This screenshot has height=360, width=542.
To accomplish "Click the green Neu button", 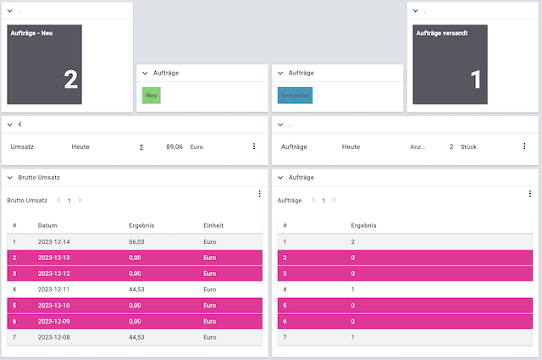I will point(152,96).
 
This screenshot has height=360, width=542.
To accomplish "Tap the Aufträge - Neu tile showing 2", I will point(45,64).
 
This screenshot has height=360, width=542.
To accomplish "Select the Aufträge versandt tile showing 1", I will point(451,64).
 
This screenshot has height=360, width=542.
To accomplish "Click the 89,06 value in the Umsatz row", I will point(174,147).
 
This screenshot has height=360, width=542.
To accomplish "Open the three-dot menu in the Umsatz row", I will point(253,147).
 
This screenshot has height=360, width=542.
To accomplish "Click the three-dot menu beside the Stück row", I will point(524,147).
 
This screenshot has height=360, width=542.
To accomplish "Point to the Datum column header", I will point(47,226).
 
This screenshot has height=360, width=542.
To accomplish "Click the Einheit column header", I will point(213,226).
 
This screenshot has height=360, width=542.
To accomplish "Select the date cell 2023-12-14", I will point(55,241).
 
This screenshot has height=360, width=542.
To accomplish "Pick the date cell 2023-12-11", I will point(55,289).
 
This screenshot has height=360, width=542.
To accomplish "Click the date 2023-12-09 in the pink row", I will point(55,321).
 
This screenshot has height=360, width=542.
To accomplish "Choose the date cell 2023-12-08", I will point(55,337).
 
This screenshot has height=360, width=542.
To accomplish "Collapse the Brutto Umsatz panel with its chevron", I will point(9,178).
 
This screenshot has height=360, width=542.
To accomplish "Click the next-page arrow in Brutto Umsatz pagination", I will point(80,201).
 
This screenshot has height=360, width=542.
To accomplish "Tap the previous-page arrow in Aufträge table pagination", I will point(312,201).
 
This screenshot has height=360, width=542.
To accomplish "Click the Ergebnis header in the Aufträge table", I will point(363,226).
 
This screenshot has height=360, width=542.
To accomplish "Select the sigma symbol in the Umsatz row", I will point(141,147).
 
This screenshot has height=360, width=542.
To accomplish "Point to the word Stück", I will point(468,147).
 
